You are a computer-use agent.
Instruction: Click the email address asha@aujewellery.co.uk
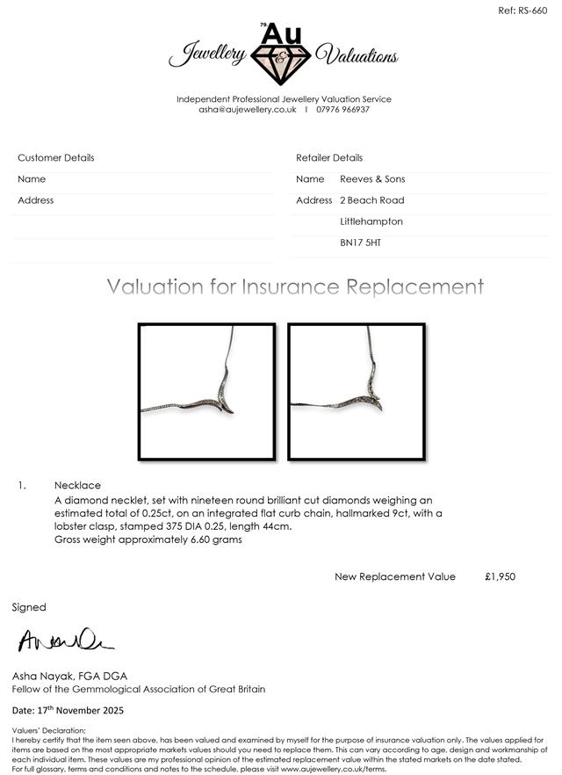click(x=248, y=110)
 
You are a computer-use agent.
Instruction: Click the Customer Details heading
click(x=56, y=158)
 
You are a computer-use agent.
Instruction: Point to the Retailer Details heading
click(x=329, y=158)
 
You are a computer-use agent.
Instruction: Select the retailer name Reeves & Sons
click(x=372, y=179)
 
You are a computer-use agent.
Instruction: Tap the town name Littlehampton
click(x=371, y=221)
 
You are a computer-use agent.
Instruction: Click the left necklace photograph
click(x=206, y=391)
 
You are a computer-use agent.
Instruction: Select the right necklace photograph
click(x=357, y=391)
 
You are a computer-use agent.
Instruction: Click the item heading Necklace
click(x=77, y=485)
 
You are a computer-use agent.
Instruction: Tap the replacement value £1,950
click(x=500, y=576)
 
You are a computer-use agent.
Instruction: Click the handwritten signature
click(x=66, y=641)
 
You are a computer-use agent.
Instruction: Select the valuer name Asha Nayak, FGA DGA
click(x=69, y=676)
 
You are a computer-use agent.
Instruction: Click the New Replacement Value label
click(x=395, y=576)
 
